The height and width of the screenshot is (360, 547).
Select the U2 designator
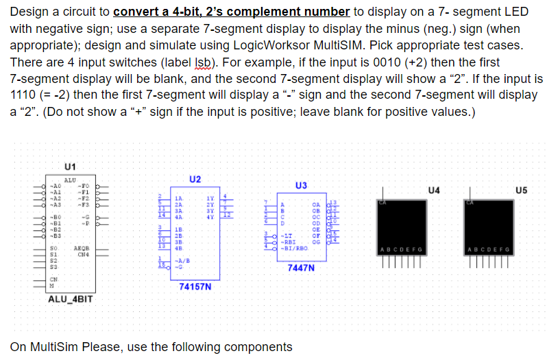[x=195, y=179]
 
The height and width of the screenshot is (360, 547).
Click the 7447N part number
[x=302, y=268]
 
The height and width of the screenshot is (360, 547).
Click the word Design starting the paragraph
[x=29, y=13]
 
